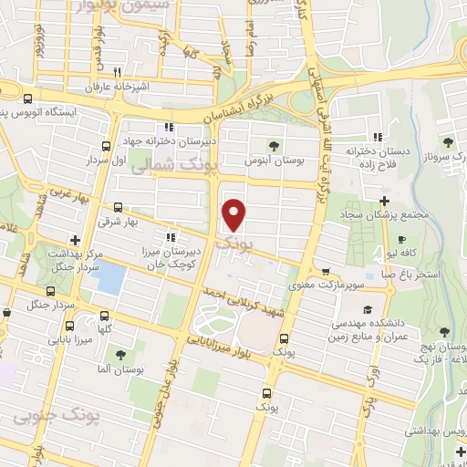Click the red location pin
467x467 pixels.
click(x=234, y=214)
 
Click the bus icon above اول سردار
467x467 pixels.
click(x=107, y=145)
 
